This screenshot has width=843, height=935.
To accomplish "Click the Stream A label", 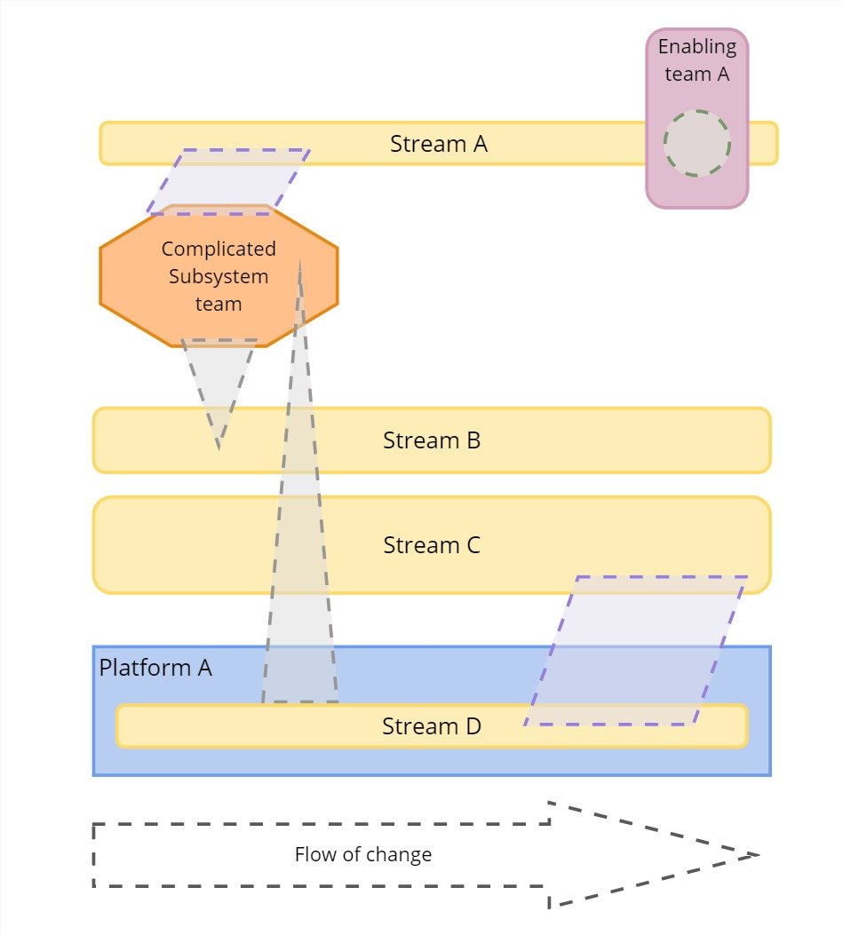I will [439, 144].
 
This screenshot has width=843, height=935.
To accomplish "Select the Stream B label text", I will [432, 440].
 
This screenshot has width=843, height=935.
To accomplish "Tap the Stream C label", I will [432, 545].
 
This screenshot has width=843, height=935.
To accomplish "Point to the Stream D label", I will [432, 726].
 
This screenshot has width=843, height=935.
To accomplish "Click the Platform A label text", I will [155, 668].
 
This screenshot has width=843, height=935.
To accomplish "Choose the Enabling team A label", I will [697, 60].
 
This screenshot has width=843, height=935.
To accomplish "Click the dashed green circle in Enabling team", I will [697, 143].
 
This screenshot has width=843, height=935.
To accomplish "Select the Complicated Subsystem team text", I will [219, 276].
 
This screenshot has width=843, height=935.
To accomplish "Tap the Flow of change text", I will [363, 855].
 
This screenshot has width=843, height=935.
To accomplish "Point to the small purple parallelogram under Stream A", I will [228, 182].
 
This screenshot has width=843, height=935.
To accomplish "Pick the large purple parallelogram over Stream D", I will [635, 651].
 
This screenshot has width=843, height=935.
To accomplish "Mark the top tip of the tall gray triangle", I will [299, 262].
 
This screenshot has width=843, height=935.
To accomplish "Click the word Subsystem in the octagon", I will [219, 276].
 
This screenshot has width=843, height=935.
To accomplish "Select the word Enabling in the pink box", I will [697, 47].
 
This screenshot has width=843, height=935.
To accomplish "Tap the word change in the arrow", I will [402, 855].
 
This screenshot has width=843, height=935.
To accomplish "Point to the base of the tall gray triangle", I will [300, 701].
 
